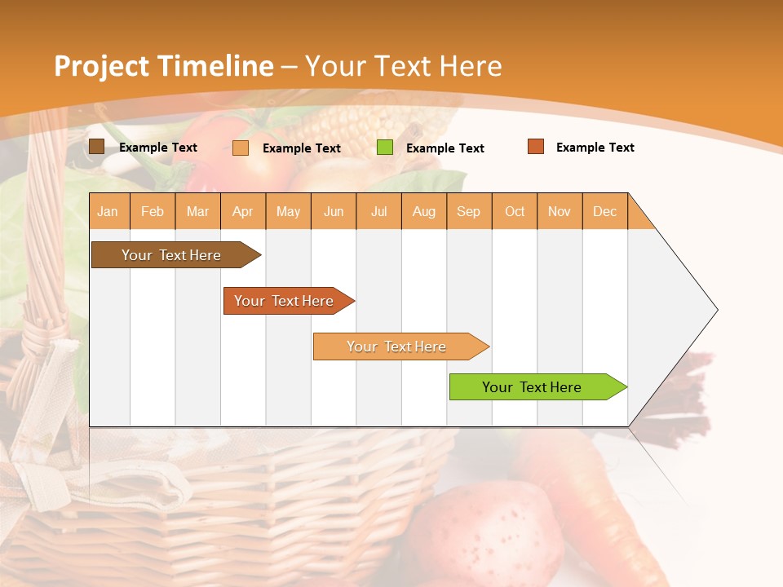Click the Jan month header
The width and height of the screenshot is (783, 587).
click(x=108, y=211)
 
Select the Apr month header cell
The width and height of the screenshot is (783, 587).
click(x=243, y=211)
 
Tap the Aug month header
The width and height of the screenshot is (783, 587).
click(x=424, y=211)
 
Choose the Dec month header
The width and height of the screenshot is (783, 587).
click(x=605, y=211)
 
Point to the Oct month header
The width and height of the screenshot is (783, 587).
click(x=515, y=211)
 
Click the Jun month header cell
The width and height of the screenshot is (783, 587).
click(x=334, y=211)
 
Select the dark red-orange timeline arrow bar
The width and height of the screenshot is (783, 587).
click(x=285, y=301)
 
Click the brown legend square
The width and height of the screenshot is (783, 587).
click(x=97, y=147)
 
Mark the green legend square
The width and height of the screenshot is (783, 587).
click(x=385, y=148)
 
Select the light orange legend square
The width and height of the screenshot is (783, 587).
click(x=241, y=148)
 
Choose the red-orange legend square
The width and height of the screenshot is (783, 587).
click(x=536, y=147)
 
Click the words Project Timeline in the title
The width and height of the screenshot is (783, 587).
click(x=163, y=66)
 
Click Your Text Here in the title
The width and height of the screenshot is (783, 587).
click(x=404, y=66)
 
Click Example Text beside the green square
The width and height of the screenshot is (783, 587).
click(x=445, y=148)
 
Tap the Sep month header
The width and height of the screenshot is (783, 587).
click(x=469, y=211)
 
